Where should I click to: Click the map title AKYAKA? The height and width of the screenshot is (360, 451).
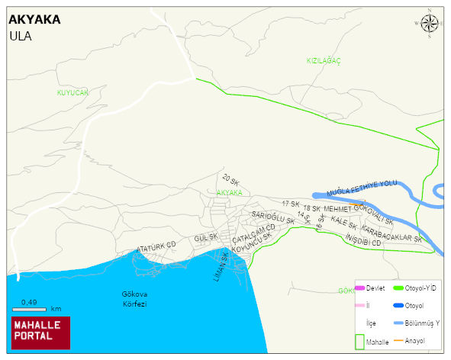click(34, 20)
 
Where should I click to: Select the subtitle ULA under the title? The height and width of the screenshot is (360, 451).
click(20, 35)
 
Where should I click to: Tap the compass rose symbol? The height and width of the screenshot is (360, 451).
click(430, 24)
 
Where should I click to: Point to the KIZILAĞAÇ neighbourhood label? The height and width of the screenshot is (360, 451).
click(323, 60)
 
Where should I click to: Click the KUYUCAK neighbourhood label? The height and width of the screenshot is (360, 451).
click(72, 92)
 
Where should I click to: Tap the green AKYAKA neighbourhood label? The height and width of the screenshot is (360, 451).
click(229, 193)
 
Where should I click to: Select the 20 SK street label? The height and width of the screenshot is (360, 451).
click(230, 181)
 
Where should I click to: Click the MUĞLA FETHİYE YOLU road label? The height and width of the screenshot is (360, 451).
click(362, 188)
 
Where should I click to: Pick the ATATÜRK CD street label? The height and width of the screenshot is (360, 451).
click(156, 248)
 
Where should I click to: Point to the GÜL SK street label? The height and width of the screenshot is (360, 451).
click(206, 238)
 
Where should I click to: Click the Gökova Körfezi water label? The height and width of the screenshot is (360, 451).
click(134, 298)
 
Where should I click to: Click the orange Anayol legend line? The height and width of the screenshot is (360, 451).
click(398, 341)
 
